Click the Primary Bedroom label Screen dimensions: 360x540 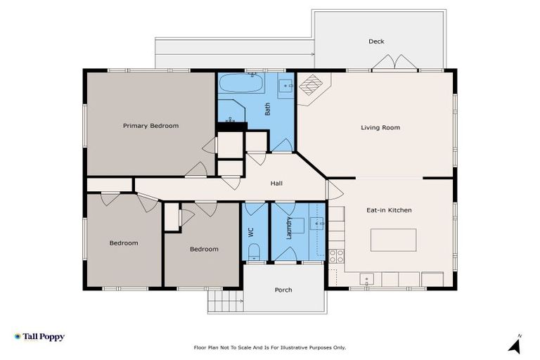pos(150,126)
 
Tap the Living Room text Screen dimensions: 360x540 pos(380,127)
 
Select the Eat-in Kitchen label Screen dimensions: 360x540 pos(389,210)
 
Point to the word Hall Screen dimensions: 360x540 pos(277,184)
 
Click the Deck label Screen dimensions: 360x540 pos(377,41)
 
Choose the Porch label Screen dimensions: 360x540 pos(283,290)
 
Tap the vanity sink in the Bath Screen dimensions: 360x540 pos(285,86)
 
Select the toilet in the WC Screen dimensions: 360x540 pos(255,252)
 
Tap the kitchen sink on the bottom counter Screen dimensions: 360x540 pos(366,280)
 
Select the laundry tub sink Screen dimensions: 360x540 pos(317,224)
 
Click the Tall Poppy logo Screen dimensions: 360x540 pos(39,337)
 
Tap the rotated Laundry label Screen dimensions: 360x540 pos(289,229)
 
